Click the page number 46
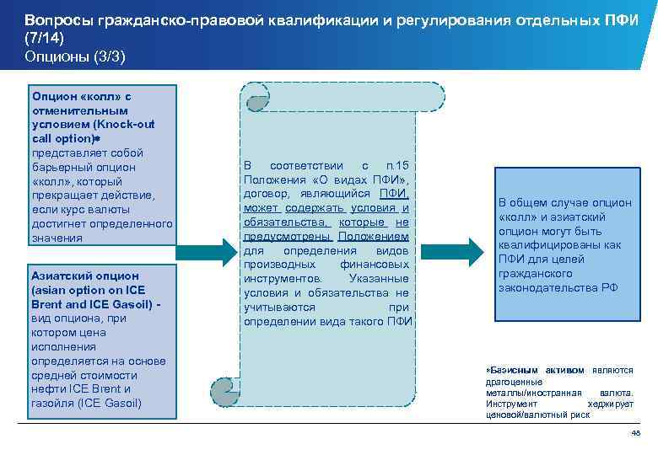pos(636,433)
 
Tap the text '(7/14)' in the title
pos(44,37)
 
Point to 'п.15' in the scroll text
pos(396,165)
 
